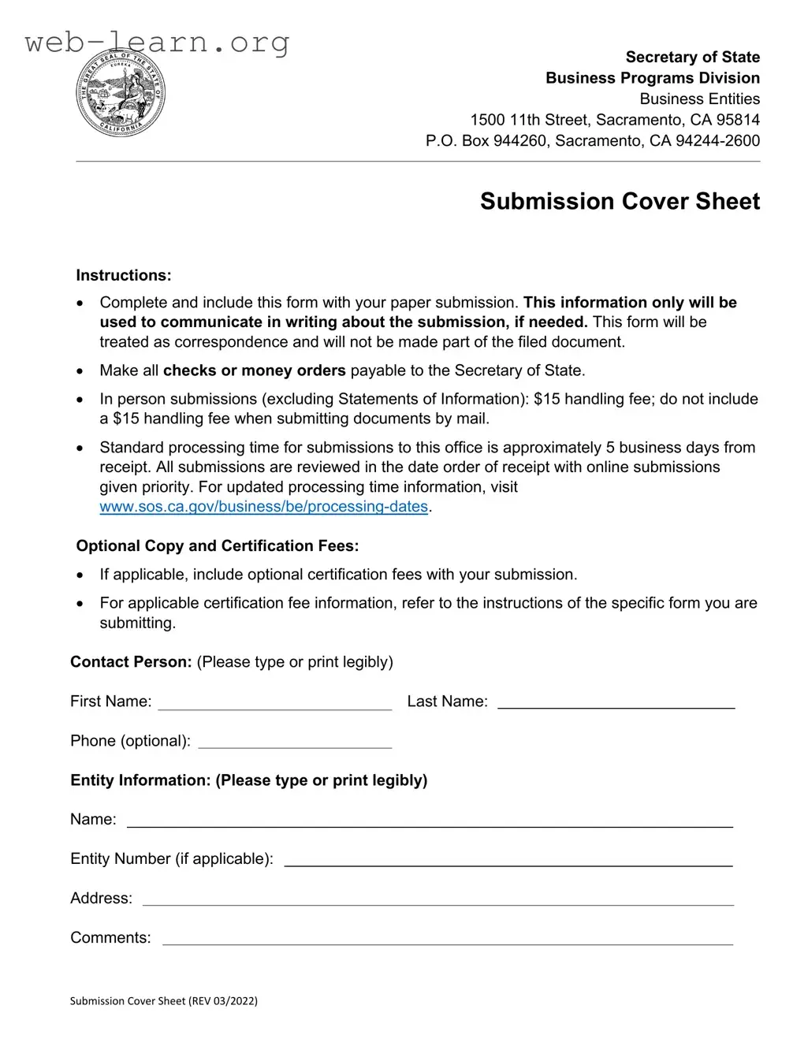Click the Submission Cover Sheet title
pyautogui.click(x=620, y=202)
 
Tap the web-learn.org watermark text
pyautogui.click(x=157, y=42)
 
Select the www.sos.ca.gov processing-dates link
pyautogui.click(x=263, y=507)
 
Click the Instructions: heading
pyautogui.click(x=124, y=276)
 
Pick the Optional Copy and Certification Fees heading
pyautogui.click(x=217, y=546)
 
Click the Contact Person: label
pyautogui.click(x=131, y=662)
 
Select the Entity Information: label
pyautogui.click(x=140, y=780)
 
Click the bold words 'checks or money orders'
pyautogui.click(x=254, y=370)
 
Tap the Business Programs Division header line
pyautogui.click(x=653, y=78)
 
